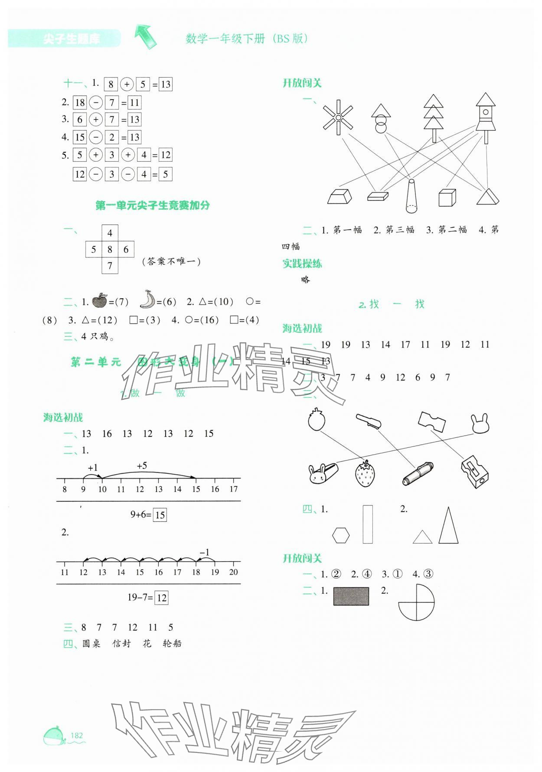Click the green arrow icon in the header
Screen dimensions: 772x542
pyautogui.click(x=145, y=36)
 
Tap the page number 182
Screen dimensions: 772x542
pyautogui.click(x=76, y=735)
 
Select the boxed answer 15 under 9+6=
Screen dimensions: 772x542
pyautogui.click(x=160, y=515)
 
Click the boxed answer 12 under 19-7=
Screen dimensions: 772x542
pyautogui.click(x=161, y=598)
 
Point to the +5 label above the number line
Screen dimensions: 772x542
pyautogui.click(x=142, y=466)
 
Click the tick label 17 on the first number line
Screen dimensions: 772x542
pyautogui.click(x=234, y=489)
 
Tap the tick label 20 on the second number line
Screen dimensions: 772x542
pyautogui.click(x=233, y=572)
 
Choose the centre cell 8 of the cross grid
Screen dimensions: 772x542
pyautogui.click(x=110, y=249)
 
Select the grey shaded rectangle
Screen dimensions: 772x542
pyautogui.click(x=351, y=596)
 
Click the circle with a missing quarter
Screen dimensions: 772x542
pyautogui.click(x=416, y=602)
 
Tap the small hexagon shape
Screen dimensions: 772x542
pyautogui.click(x=341, y=535)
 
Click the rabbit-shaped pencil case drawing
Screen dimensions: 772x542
pyautogui.click(x=323, y=473)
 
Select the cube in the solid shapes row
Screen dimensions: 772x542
pyautogui.click(x=447, y=197)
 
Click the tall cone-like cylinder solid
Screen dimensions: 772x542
pyautogui.click(x=411, y=196)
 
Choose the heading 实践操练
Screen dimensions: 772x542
pyautogui.click(x=302, y=264)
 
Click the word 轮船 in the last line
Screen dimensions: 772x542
pyautogui.click(x=172, y=644)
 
